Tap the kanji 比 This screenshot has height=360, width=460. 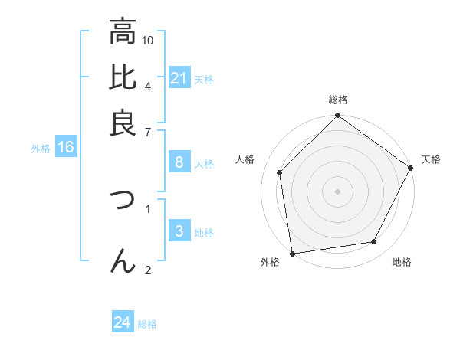click(x=123, y=77)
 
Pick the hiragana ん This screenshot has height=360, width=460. click(x=123, y=261)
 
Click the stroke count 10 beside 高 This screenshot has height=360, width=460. click(x=149, y=40)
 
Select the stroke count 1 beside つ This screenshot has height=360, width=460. click(x=148, y=207)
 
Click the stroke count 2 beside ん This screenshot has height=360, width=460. click(x=148, y=269)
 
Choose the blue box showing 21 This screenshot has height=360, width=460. click(x=179, y=78)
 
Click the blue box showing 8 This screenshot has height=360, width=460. click(x=179, y=162)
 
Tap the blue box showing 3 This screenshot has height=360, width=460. click(x=179, y=231)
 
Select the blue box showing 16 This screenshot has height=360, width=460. click(x=65, y=148)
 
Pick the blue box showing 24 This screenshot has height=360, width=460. click(x=123, y=322)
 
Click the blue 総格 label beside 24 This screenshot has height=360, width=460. click(x=147, y=324)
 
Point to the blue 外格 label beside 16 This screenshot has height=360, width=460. click(x=41, y=149)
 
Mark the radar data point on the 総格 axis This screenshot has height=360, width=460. click(x=337, y=116)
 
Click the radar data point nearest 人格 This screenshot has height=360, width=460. click(x=280, y=172)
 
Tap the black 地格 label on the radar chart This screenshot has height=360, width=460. click(x=402, y=263)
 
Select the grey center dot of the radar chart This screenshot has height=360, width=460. click(x=337, y=191)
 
